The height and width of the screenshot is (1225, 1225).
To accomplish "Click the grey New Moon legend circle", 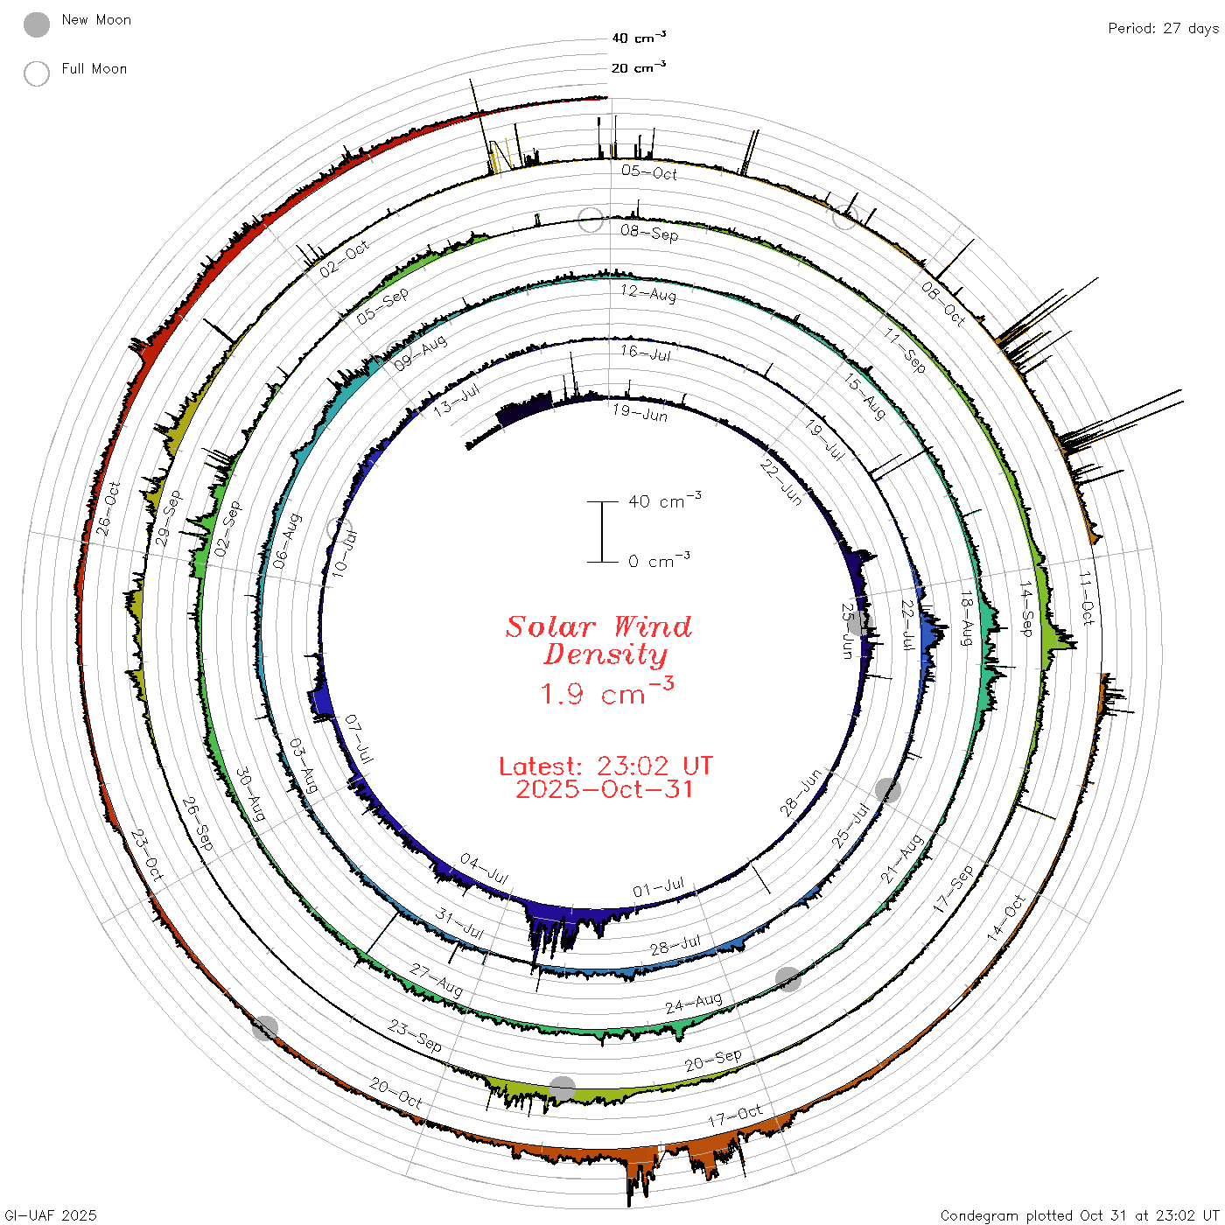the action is click(36, 24).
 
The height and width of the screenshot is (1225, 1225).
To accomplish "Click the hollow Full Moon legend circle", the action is click(36, 73).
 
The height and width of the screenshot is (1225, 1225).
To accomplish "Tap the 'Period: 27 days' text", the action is click(1163, 29).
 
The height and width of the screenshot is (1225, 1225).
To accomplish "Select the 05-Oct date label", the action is click(649, 172).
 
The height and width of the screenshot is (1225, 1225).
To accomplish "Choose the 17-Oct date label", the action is click(735, 1116).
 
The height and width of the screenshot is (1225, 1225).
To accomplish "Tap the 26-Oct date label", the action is click(108, 508).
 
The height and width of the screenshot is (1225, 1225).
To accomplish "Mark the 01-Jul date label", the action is click(659, 886).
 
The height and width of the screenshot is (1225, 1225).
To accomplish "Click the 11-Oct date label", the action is click(1087, 598).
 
